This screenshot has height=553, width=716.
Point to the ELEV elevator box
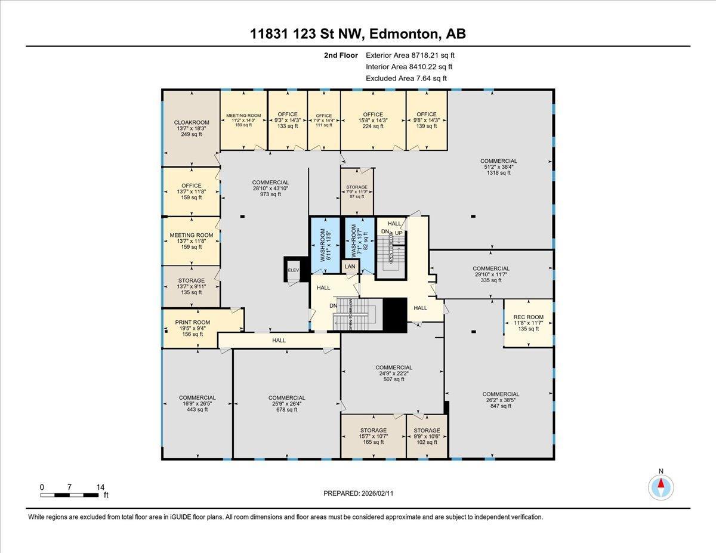point(293,270)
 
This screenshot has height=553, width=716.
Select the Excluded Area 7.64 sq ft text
point(406,78)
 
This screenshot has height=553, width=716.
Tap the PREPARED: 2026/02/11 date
point(358,493)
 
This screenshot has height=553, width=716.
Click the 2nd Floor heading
point(341,55)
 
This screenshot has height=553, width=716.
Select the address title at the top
point(358,34)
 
